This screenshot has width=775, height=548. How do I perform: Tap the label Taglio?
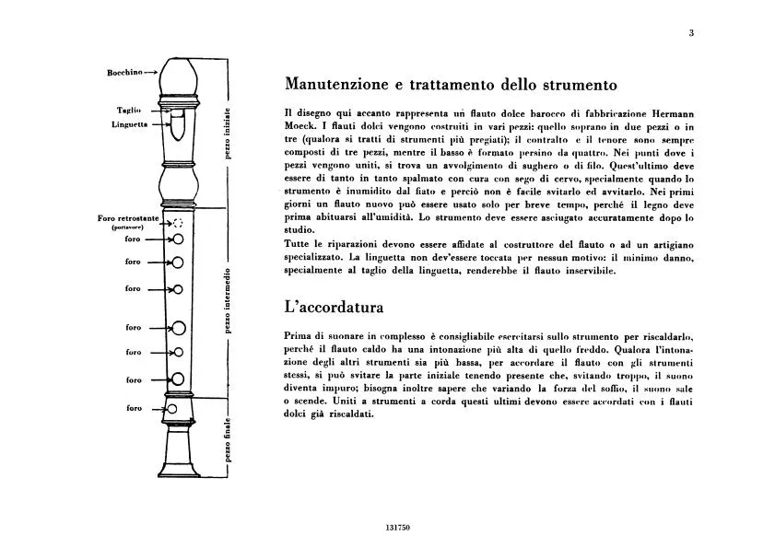[127, 110]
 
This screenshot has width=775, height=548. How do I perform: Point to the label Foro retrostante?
[128, 218]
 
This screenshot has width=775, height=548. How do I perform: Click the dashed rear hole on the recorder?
[178, 222]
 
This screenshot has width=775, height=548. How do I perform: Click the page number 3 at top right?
[690, 34]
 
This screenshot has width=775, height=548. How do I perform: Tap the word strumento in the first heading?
[573, 85]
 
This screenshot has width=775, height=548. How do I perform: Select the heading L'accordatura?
[334, 305]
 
